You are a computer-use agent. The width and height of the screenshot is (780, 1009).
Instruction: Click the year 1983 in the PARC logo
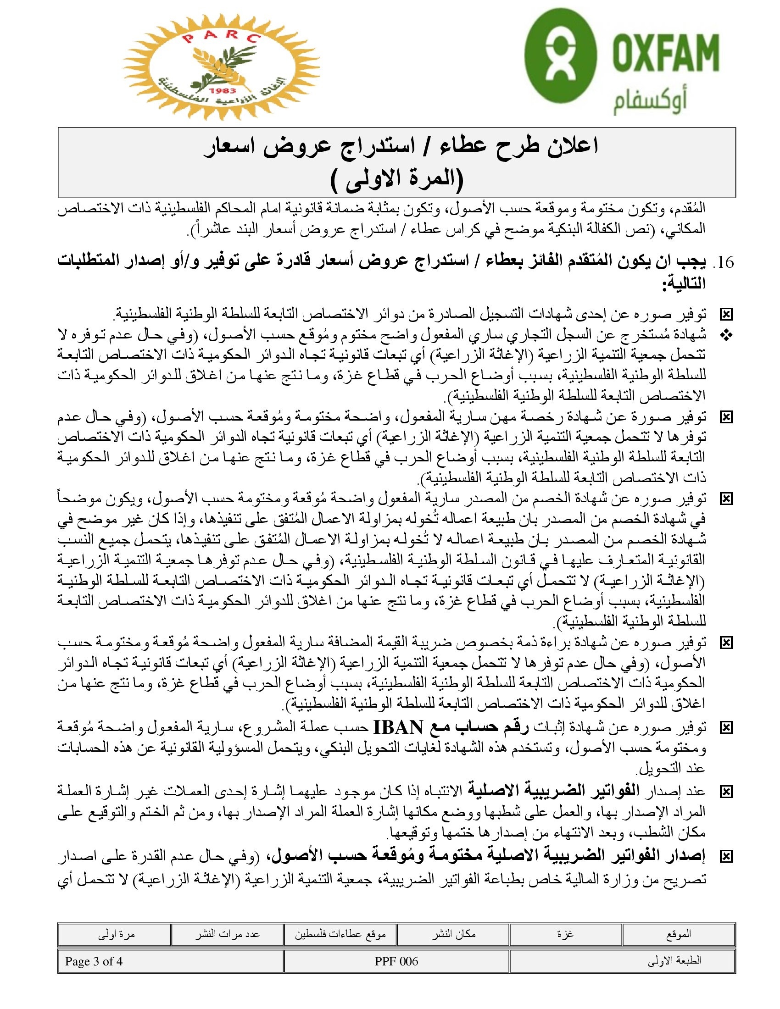coord(222,91)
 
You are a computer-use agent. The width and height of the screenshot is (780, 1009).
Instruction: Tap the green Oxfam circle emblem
coord(560,55)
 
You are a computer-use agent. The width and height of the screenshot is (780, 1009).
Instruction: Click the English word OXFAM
coord(666,52)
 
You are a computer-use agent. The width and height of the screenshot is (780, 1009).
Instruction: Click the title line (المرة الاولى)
coord(396,179)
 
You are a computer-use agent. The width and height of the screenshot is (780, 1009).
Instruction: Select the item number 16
coord(725,262)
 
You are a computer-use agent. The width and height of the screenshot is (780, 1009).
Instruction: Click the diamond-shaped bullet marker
coord(726,336)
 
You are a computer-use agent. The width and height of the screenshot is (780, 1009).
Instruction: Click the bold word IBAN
coord(398,727)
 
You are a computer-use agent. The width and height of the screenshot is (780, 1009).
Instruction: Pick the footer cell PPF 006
coord(396,961)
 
